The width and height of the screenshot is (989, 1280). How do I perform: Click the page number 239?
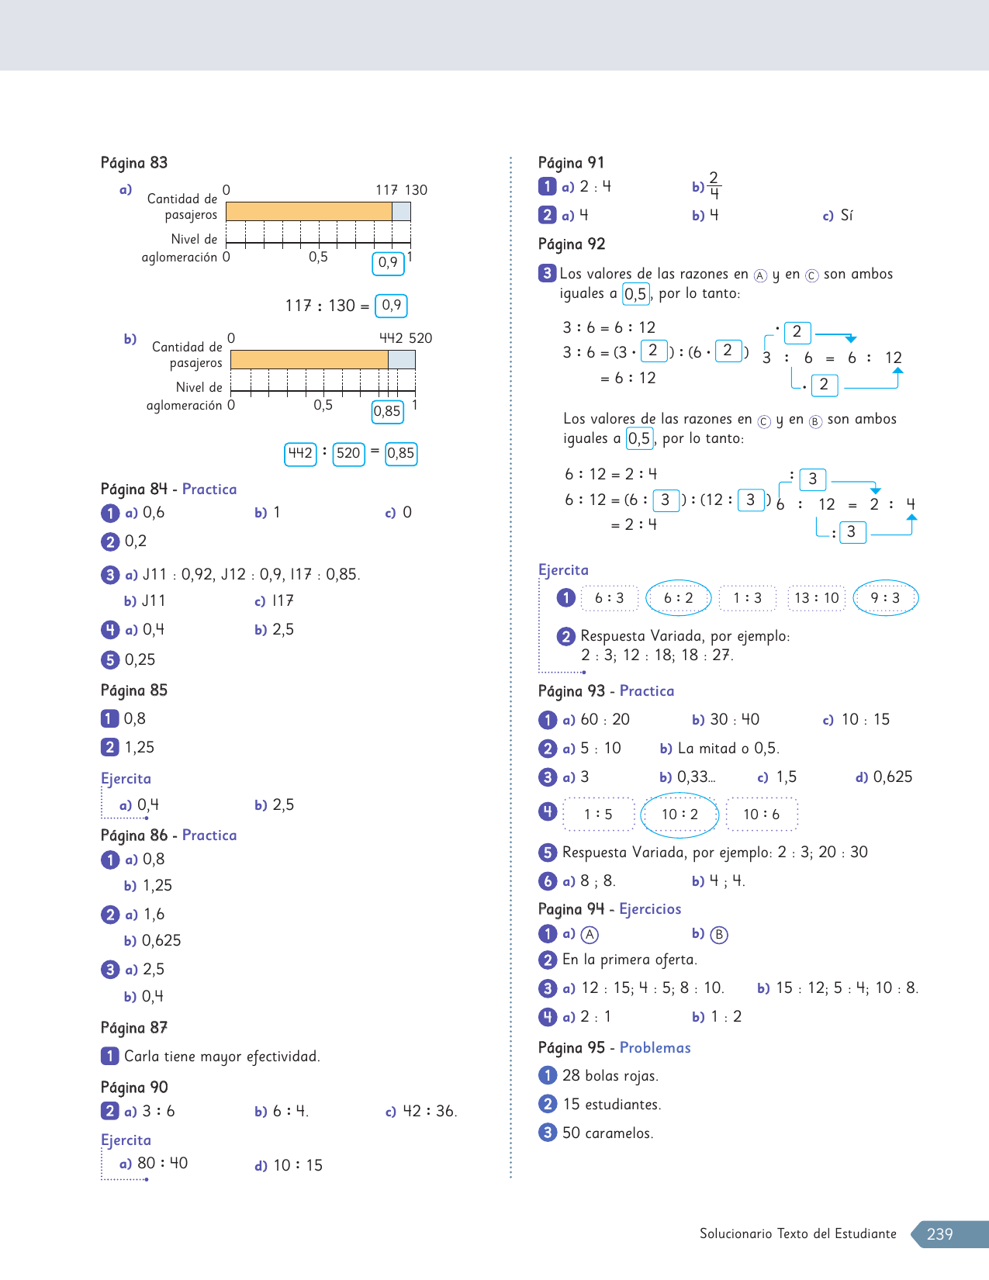tap(939, 1234)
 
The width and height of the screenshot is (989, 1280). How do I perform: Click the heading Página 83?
tap(133, 163)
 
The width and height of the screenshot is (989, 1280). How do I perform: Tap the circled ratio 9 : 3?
tap(885, 598)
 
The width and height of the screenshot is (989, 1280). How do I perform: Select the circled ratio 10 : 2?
tap(680, 815)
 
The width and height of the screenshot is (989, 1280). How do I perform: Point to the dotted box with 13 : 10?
tap(817, 598)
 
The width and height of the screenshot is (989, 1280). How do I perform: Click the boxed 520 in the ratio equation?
tap(348, 453)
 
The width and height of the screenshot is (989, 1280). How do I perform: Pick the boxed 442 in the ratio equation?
tap(300, 453)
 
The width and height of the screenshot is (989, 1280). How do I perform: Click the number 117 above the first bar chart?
tap(386, 190)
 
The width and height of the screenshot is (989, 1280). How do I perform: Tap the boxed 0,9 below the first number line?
tap(388, 263)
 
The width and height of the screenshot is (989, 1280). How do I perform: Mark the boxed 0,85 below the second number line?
tap(387, 411)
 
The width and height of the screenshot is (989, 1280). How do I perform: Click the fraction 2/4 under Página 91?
tap(714, 186)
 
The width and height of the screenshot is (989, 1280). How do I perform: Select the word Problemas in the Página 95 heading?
tap(655, 1048)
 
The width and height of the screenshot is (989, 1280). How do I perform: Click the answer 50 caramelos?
tap(607, 1133)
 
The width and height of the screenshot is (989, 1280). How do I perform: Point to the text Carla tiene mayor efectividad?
tap(222, 1057)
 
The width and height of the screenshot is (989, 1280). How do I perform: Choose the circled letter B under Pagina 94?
tap(719, 935)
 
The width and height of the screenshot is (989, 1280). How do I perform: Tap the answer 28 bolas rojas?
tap(610, 1076)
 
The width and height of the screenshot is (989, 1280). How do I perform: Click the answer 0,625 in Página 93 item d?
tap(892, 777)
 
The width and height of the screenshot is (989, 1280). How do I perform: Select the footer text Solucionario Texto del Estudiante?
tap(797, 1234)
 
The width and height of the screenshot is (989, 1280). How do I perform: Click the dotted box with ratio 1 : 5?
tap(598, 815)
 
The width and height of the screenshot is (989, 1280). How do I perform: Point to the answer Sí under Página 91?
tap(846, 216)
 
